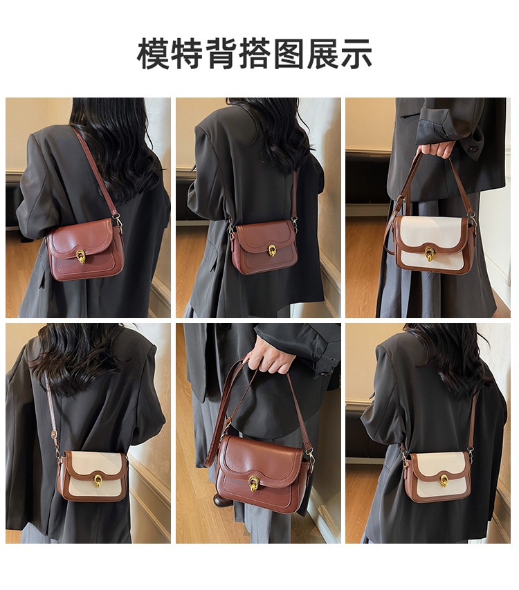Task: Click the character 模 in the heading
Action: pos(153,53)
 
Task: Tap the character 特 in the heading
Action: pos(187,53)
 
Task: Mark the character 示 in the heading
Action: pos(356,53)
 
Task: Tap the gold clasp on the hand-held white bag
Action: pos(429,254)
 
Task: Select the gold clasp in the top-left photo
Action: pos(80,256)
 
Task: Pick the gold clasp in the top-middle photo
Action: pos(271,250)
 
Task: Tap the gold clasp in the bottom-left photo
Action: pos(98,481)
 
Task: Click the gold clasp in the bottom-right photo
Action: pos(444,481)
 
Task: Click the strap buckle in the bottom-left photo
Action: pos(54,434)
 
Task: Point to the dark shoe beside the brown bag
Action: pos(219,501)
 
